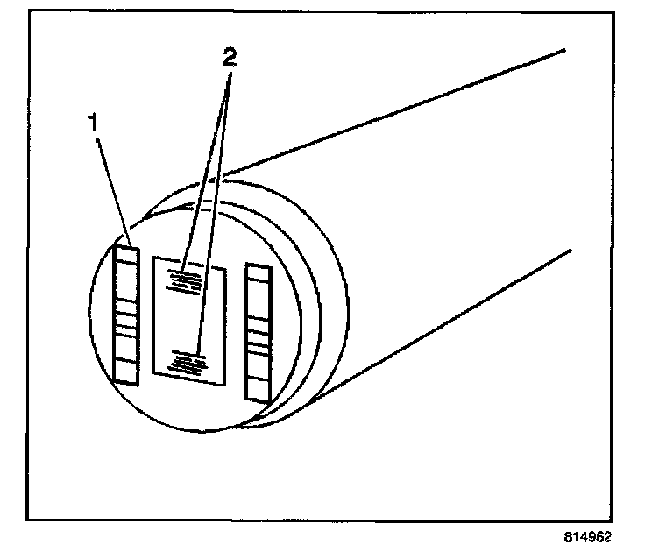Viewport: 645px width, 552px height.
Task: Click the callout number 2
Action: click(x=229, y=59)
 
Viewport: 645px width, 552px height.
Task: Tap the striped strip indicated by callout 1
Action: click(x=126, y=315)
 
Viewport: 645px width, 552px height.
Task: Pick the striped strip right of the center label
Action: click(x=258, y=333)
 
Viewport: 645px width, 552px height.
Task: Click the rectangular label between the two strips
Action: click(x=189, y=320)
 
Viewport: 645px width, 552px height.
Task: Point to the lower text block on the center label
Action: click(x=188, y=361)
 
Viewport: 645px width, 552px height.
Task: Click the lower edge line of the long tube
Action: click(x=438, y=324)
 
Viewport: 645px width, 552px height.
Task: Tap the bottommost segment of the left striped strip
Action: click(x=126, y=373)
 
